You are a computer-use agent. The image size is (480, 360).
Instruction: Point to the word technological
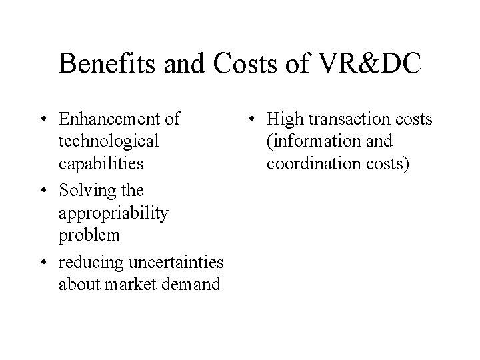pyautogui.click(x=109, y=141)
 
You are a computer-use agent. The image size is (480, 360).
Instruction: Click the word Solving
pyautogui.click(x=86, y=190)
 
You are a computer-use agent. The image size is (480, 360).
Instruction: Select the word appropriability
pyautogui.click(x=113, y=213)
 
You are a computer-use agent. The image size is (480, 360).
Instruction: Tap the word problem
pyautogui.click(x=89, y=236)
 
